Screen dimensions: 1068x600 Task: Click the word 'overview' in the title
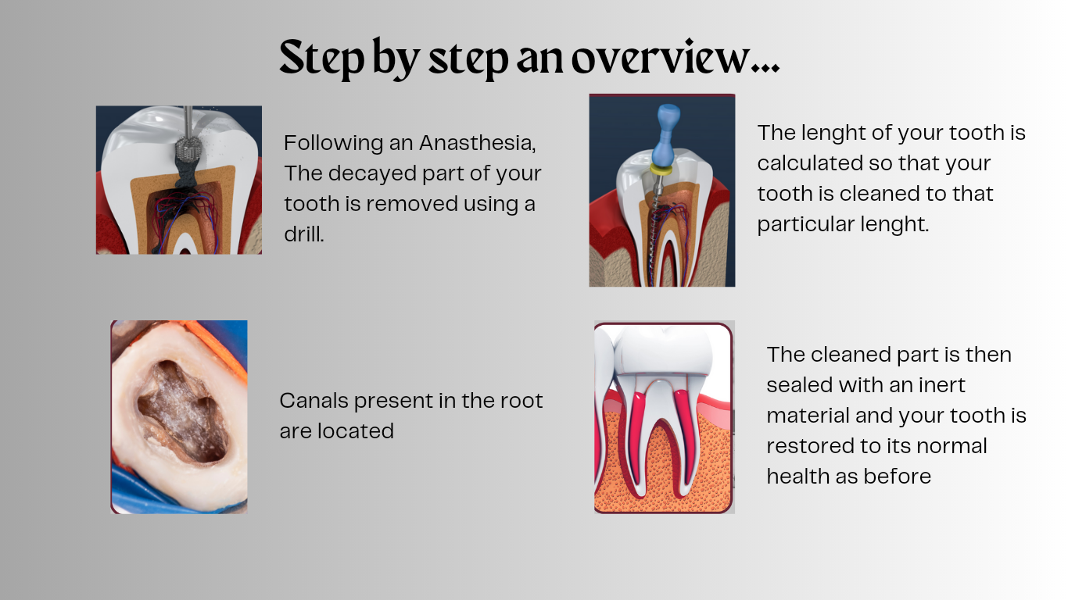[x=661, y=58]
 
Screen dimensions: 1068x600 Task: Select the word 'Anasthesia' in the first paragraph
[x=477, y=143]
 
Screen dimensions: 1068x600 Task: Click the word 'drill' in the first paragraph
[x=303, y=234]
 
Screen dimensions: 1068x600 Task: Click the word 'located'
[x=356, y=431]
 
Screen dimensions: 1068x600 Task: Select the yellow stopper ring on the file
[x=661, y=170]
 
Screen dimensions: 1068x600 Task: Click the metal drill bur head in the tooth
[x=188, y=148]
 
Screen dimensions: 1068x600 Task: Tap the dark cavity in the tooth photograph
[x=182, y=411]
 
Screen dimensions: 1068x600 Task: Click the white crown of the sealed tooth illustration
[x=663, y=352]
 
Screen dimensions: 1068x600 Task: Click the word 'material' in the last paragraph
[x=807, y=416]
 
